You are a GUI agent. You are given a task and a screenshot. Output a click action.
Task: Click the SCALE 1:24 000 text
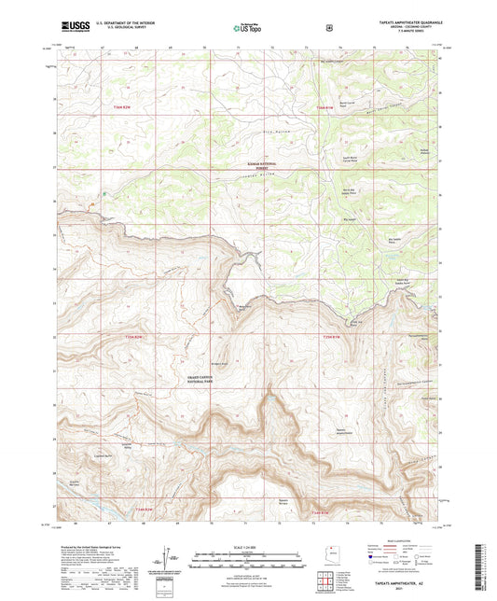click(248, 545)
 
